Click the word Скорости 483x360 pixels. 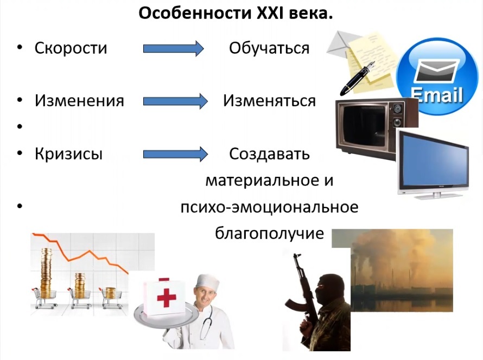point(71,48)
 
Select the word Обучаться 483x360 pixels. point(269,48)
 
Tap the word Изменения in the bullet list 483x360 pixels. point(79,101)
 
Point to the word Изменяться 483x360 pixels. point(270,101)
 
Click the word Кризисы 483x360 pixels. point(68,153)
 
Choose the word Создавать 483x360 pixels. point(270,154)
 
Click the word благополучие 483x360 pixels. point(270,233)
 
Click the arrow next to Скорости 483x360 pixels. point(174,48)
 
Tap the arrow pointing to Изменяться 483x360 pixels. point(175,101)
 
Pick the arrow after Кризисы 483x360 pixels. point(175,154)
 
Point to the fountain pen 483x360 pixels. point(357,79)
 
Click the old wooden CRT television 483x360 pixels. point(376,128)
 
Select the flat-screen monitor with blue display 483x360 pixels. point(433,164)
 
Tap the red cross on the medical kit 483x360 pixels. point(167,298)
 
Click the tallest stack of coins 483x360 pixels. point(47,273)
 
